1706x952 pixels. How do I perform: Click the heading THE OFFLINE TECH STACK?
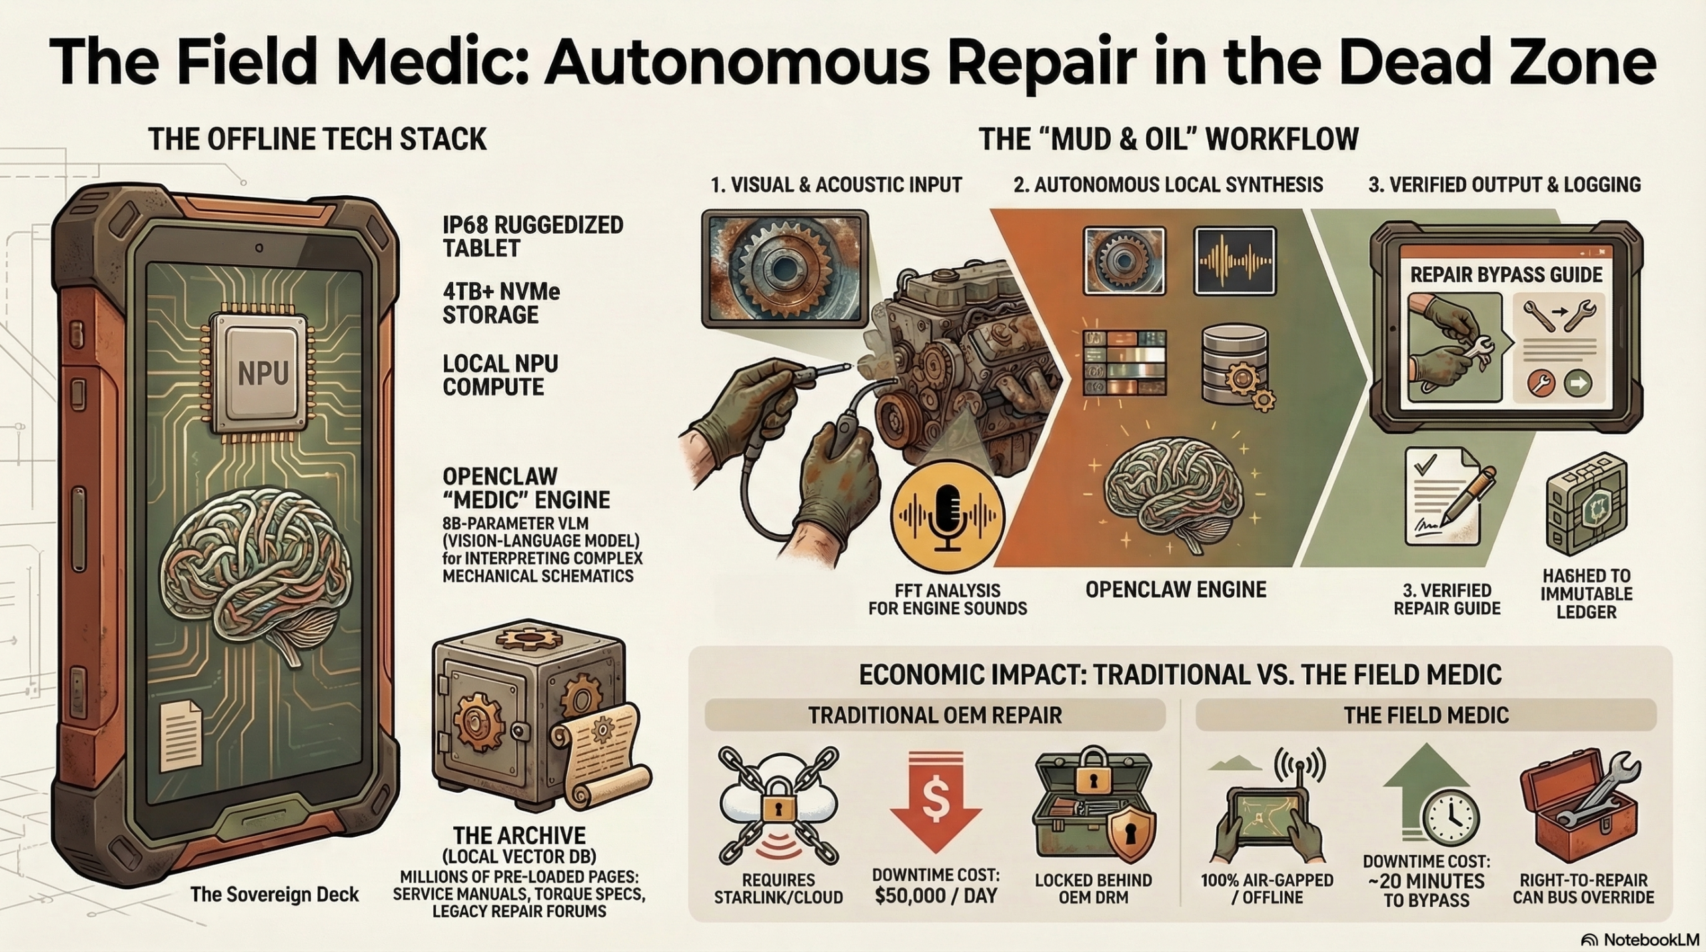pyautogui.click(x=318, y=139)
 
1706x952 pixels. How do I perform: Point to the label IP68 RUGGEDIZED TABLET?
pyautogui.click(x=532, y=237)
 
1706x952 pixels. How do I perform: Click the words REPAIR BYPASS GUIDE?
pyautogui.click(x=1506, y=274)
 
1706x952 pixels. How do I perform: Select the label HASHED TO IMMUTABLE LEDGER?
pyautogui.click(x=1586, y=594)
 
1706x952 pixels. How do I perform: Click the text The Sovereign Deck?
pyautogui.click(x=275, y=894)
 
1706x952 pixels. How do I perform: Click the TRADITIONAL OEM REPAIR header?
pyautogui.click(x=935, y=715)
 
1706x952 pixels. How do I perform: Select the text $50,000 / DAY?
pyautogui.click(x=936, y=896)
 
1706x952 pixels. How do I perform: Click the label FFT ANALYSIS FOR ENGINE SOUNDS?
pyautogui.click(x=948, y=599)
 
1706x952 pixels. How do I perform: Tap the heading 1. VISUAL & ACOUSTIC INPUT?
pyautogui.click(x=836, y=185)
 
